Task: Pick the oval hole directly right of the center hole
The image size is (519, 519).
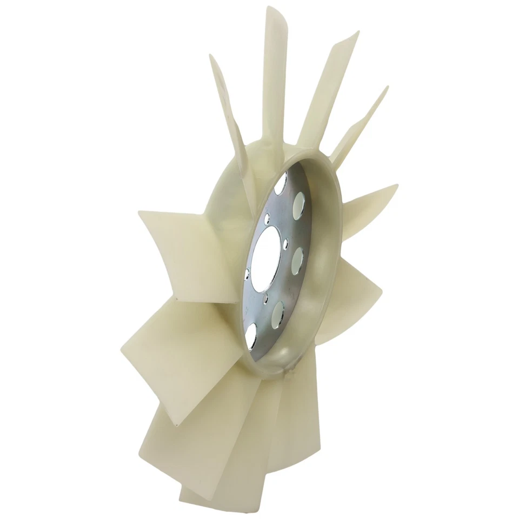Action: [297, 261]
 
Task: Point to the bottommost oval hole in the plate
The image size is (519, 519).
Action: [251, 336]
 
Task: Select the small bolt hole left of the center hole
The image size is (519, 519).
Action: [247, 274]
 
